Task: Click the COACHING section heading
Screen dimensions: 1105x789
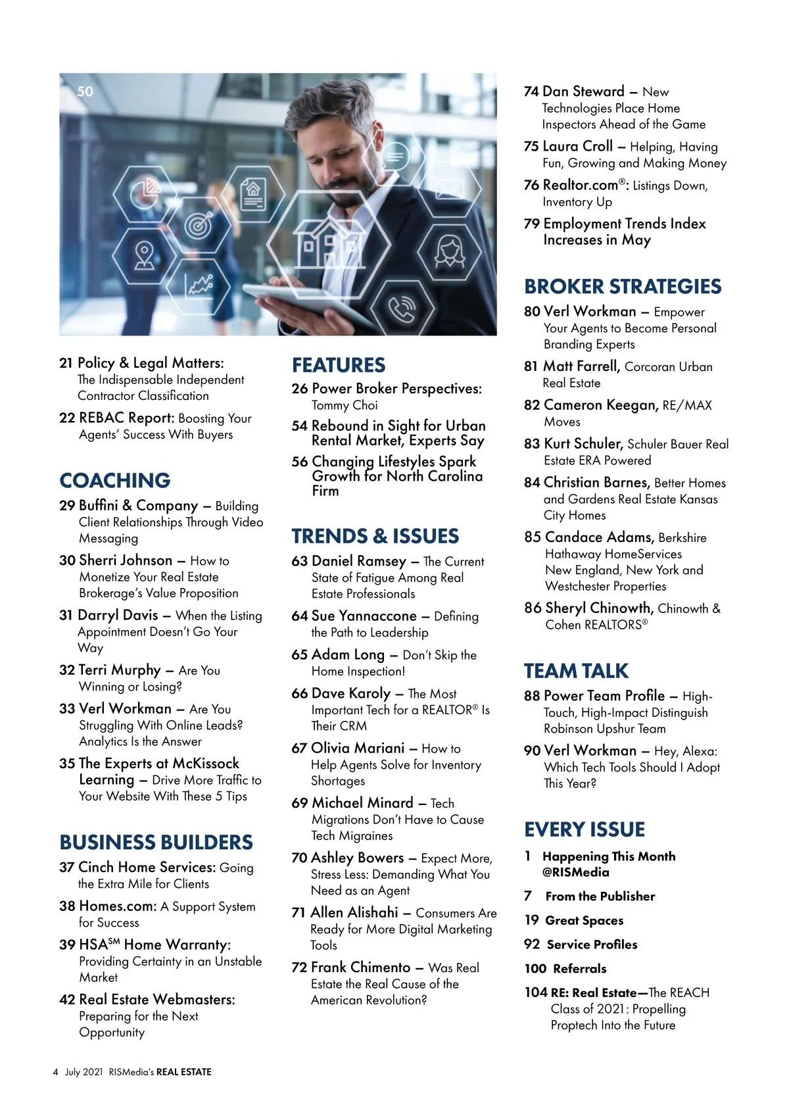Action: [x=114, y=480]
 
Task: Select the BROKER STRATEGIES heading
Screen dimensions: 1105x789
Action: [x=622, y=286]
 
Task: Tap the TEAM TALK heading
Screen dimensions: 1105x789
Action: [x=576, y=670]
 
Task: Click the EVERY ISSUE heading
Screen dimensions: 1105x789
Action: [x=585, y=829]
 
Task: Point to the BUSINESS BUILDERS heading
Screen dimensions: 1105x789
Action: [x=156, y=842]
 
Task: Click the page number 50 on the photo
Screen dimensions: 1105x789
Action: [x=85, y=91]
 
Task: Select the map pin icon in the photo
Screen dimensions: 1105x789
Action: [x=144, y=255]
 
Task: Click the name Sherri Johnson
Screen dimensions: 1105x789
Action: [x=125, y=560]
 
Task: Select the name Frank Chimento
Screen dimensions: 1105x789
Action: [x=360, y=967]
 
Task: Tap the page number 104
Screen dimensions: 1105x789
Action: [x=535, y=993]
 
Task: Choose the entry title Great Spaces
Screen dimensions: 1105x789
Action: [x=584, y=920]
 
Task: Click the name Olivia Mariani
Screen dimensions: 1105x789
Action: [x=358, y=748]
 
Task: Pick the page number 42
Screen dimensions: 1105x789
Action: [x=67, y=1000]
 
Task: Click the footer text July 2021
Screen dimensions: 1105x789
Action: [x=84, y=1071]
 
